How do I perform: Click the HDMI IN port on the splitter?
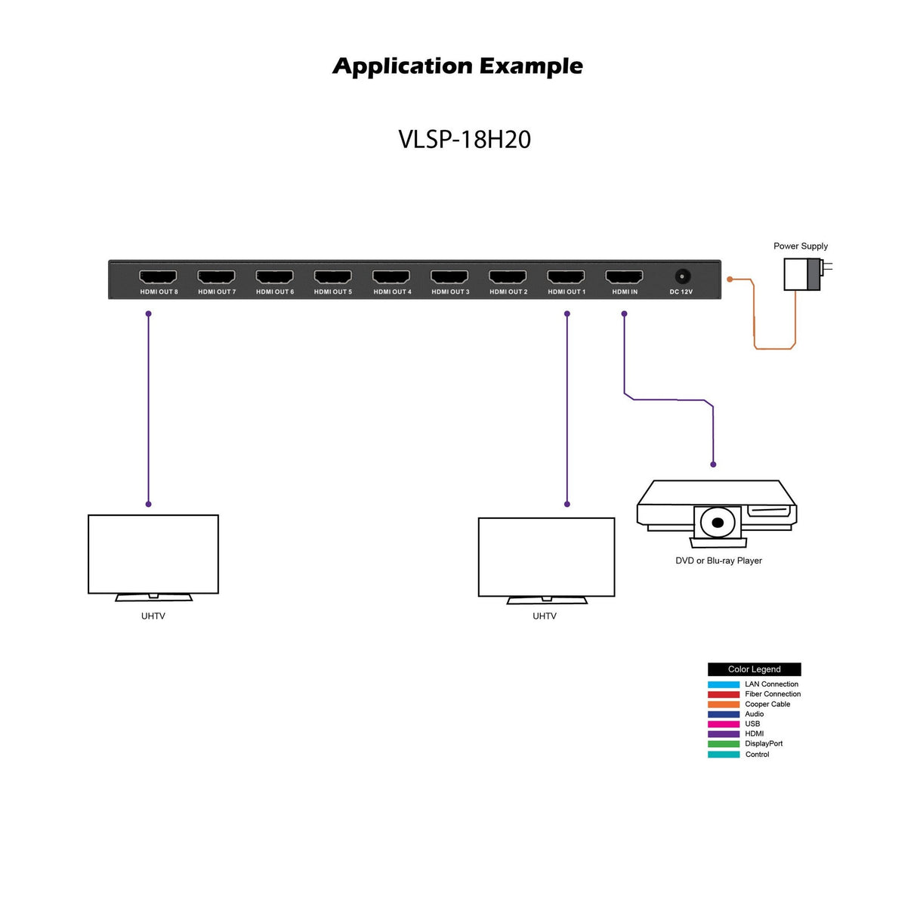(624, 276)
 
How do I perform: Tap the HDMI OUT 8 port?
(158, 276)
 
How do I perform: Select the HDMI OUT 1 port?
(566, 276)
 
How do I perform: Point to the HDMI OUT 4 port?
(391, 276)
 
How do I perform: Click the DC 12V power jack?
(682, 276)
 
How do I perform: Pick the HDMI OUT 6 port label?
(275, 292)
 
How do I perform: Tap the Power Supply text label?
(800, 246)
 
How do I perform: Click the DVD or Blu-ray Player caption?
(718, 560)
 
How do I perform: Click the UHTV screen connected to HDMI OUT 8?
(153, 554)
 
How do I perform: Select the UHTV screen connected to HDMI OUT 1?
(546, 557)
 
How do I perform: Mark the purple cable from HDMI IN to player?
(668, 400)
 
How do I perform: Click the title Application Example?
(458, 66)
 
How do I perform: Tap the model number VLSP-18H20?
(464, 140)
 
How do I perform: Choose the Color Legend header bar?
(754, 669)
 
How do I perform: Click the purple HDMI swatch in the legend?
(723, 733)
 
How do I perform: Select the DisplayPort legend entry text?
(764, 743)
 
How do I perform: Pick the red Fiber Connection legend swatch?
(723, 694)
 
